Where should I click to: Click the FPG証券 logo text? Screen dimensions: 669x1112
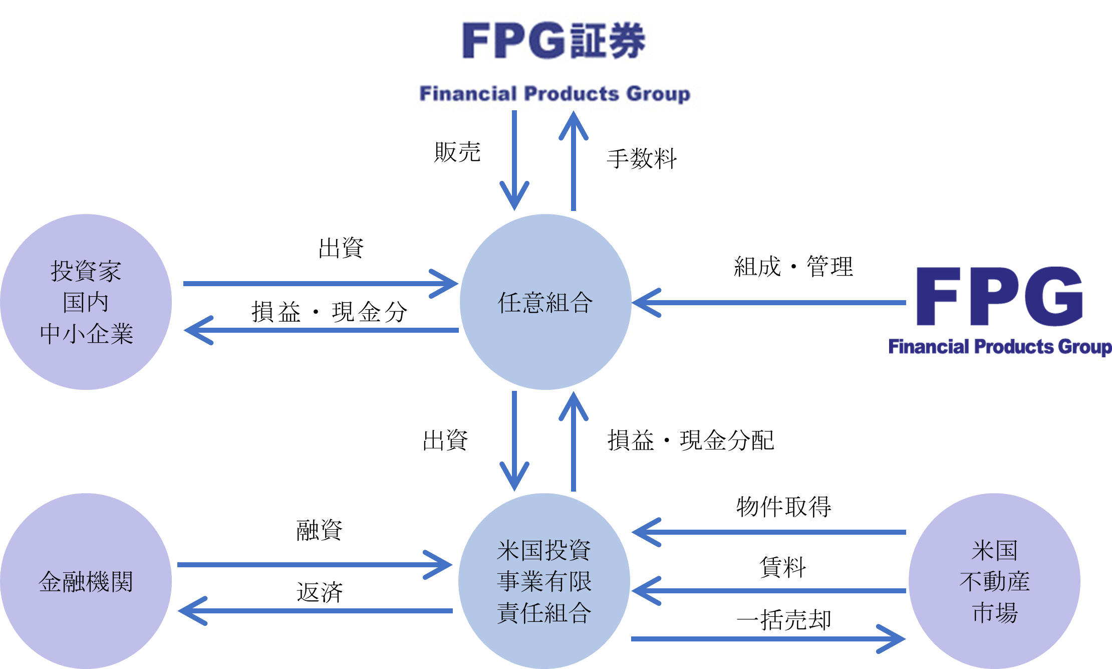click(x=553, y=40)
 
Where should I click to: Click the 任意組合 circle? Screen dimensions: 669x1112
click(x=545, y=302)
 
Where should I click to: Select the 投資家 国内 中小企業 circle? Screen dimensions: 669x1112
click(x=86, y=302)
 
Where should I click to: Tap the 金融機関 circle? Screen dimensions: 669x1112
click(x=86, y=581)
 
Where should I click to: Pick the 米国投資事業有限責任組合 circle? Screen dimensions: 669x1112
click(x=544, y=581)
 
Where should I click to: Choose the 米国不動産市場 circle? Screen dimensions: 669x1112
click(x=994, y=581)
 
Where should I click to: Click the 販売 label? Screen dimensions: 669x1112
click(x=457, y=152)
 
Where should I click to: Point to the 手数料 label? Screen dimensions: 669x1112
click(x=642, y=159)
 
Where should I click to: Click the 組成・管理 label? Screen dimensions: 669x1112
click(x=793, y=267)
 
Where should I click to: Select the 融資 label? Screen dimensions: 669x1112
click(x=319, y=530)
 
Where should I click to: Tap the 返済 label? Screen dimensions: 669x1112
click(x=319, y=592)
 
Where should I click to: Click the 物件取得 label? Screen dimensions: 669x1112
click(x=783, y=507)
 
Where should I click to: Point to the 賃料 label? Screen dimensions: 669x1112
click(x=782, y=568)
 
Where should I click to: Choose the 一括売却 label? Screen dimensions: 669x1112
click(x=783, y=620)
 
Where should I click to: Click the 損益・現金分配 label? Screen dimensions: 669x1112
click(x=691, y=440)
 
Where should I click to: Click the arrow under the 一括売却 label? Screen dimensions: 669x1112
click(x=768, y=639)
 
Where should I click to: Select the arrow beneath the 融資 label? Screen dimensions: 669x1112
click(x=315, y=565)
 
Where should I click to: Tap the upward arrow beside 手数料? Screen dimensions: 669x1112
click(x=574, y=160)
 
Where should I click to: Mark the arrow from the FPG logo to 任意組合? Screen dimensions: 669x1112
click(x=769, y=303)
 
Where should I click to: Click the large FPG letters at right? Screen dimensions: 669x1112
click(x=999, y=297)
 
